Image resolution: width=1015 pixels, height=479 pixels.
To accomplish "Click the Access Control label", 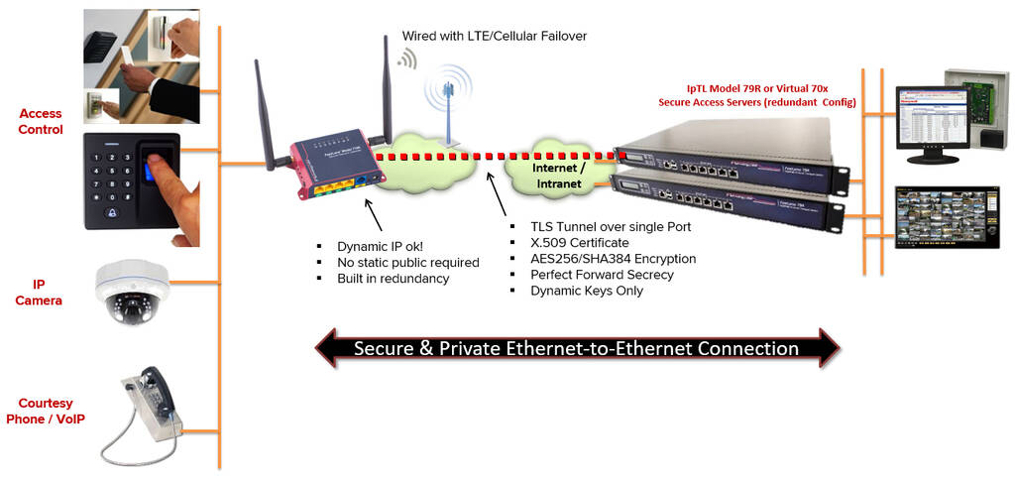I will [41, 122].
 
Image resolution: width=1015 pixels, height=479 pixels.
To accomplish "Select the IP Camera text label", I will [39, 292].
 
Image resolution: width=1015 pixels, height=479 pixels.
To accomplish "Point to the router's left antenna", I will [264, 114].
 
